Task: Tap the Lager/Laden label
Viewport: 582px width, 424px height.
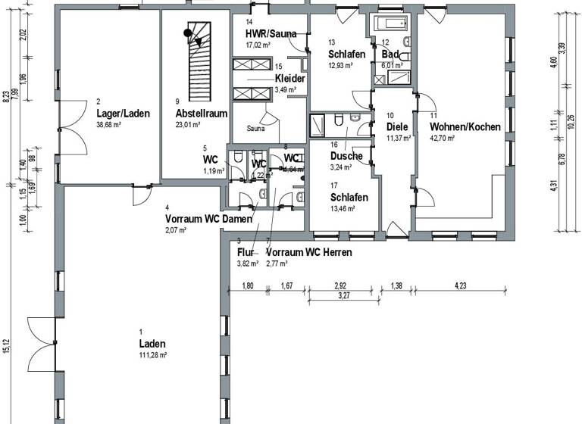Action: (x=123, y=114)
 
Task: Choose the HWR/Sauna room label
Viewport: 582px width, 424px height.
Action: (x=271, y=34)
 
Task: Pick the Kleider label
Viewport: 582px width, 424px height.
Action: (x=290, y=79)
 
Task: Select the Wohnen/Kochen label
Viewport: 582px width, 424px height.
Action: (x=465, y=127)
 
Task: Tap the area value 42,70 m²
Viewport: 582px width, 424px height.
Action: (x=443, y=139)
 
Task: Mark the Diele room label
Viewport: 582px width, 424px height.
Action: (x=398, y=127)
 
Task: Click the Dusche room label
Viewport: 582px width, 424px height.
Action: (x=346, y=156)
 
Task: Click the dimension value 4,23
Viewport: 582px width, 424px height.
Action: (x=460, y=285)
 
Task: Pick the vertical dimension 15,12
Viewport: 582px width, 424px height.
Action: (x=8, y=345)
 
